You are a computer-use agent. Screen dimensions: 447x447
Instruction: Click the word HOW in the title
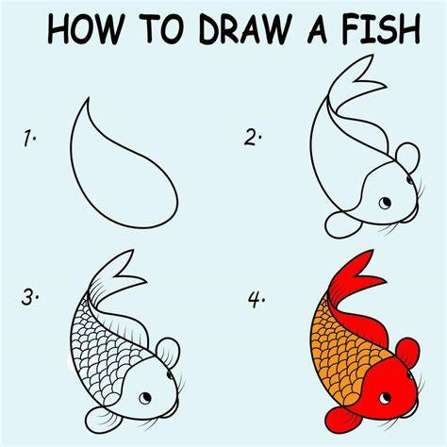coord(85,29)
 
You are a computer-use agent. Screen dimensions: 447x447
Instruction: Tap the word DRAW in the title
coord(243,29)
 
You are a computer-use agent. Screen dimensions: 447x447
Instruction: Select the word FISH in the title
coord(381,29)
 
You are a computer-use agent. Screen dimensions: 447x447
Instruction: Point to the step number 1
coord(29,139)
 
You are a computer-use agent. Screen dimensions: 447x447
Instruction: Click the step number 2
coord(252,138)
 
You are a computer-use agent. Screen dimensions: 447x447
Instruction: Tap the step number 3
coord(29,297)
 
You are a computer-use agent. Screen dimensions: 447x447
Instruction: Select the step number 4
coord(256,300)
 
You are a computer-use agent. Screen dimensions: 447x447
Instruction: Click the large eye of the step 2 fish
coord(385,203)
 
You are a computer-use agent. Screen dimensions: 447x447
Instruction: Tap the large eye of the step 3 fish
coord(145,398)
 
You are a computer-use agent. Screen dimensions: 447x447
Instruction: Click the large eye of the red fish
coord(385,398)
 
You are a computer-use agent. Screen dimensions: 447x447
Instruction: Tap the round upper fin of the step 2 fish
coord(407,157)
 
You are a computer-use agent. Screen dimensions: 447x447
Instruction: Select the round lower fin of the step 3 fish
coord(102,421)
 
